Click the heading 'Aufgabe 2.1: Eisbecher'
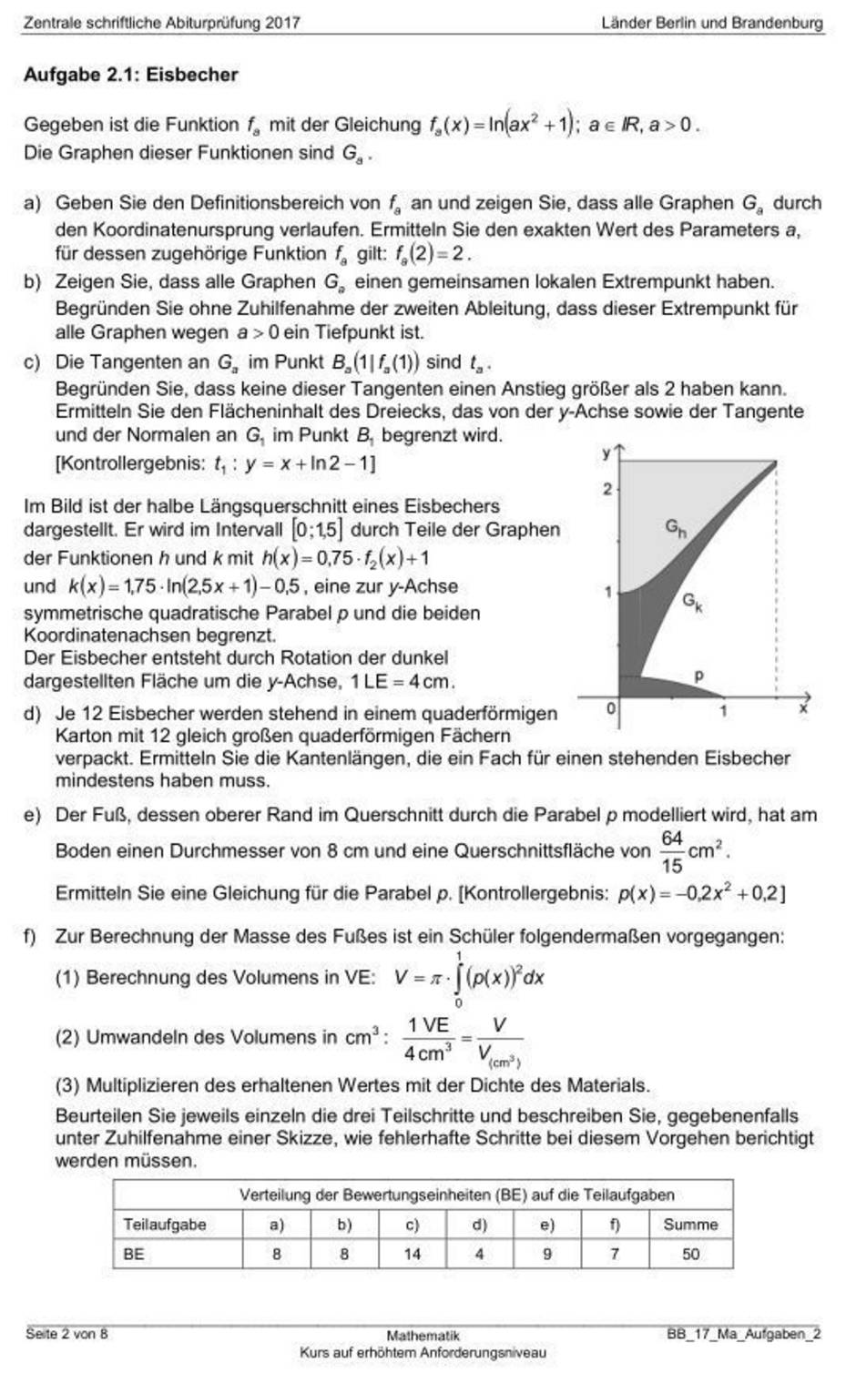130,76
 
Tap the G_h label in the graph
675,527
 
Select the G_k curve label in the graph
692,600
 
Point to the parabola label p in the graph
699,676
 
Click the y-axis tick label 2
607,490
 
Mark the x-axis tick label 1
723,710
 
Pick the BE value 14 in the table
413,1254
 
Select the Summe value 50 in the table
690,1254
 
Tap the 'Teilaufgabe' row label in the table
165,1225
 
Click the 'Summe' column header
690,1225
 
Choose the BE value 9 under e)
546,1254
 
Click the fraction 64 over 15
672,851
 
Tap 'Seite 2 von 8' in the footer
66,1334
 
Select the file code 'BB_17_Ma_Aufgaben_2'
743,1334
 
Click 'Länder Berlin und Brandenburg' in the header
712,23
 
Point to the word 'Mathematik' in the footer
423,1336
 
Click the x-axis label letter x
803,707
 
